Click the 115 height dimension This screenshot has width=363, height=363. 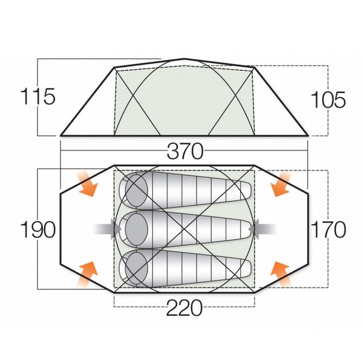(x=38, y=96)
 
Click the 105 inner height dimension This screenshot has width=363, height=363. (x=329, y=100)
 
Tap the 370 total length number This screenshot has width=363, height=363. (x=185, y=151)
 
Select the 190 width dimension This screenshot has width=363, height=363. (x=38, y=229)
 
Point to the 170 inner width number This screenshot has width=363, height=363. (x=329, y=229)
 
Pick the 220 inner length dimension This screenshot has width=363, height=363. (x=185, y=308)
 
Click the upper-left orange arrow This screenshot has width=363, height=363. (x=87, y=184)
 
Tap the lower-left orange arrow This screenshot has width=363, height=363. (x=87, y=275)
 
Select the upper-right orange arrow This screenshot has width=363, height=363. (x=280, y=184)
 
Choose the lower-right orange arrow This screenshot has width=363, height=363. (x=280, y=275)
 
